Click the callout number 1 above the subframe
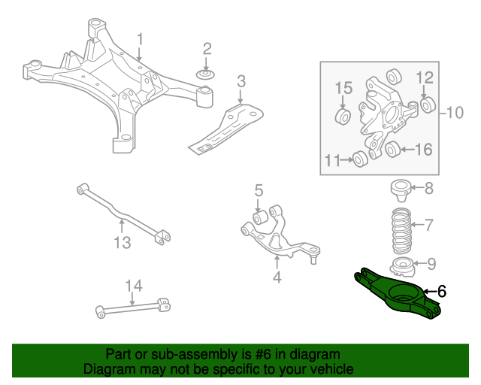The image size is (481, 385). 139,38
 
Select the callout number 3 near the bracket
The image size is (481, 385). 240,81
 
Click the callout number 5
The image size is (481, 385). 258,191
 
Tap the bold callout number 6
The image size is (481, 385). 442,291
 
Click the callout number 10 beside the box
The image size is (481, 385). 455,114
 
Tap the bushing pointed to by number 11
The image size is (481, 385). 361,158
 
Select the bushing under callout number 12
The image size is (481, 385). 426,105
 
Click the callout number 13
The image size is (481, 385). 122,242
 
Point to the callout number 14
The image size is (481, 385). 133,286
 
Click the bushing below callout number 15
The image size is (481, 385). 343,117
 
